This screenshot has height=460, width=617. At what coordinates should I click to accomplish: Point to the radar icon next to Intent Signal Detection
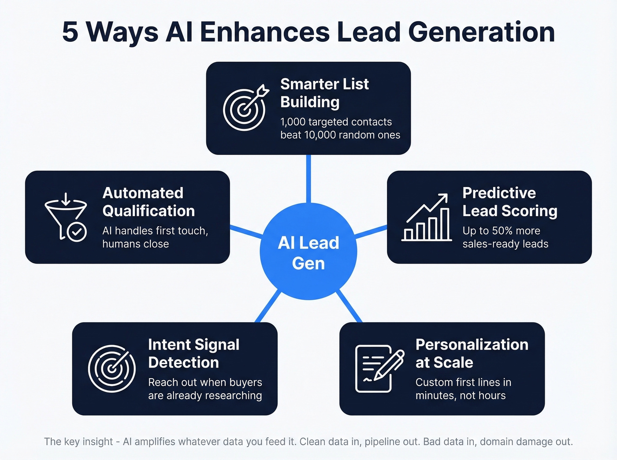[112, 368]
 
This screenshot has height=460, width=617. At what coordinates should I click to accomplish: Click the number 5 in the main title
[71, 32]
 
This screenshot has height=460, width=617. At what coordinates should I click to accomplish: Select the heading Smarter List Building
[324, 93]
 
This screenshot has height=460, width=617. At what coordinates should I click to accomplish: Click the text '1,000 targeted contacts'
[336, 122]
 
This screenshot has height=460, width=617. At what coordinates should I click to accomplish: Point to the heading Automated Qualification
[149, 202]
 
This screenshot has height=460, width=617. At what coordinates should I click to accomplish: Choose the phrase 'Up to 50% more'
[501, 231]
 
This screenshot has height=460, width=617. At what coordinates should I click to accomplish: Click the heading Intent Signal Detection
[194, 353]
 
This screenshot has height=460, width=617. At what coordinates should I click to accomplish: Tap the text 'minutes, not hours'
[461, 396]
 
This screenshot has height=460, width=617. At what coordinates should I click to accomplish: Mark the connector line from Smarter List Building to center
[308, 178]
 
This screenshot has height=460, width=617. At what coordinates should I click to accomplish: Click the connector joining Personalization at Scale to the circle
[349, 306]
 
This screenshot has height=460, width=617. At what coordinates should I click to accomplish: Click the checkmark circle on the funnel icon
[77, 232]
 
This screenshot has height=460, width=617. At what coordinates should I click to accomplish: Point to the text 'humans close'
[136, 244]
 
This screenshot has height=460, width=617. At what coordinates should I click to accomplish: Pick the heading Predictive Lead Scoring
[509, 202]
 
